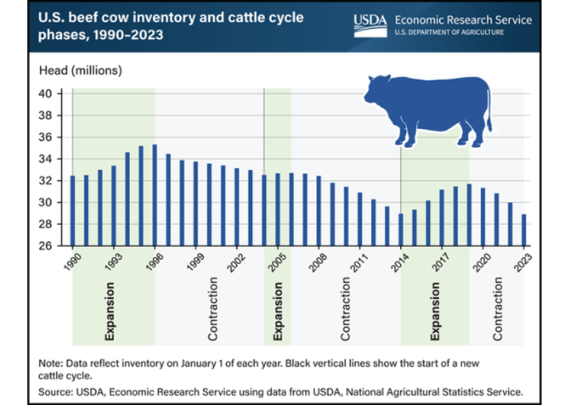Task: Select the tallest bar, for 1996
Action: coord(155,195)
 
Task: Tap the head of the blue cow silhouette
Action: coord(375,91)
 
